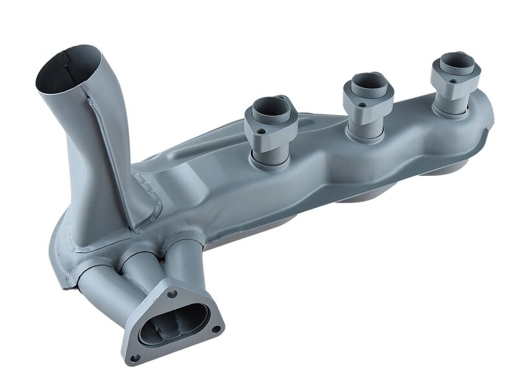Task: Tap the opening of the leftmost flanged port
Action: pyautogui.click(x=268, y=106)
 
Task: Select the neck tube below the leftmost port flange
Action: pyautogui.click(x=271, y=155)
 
